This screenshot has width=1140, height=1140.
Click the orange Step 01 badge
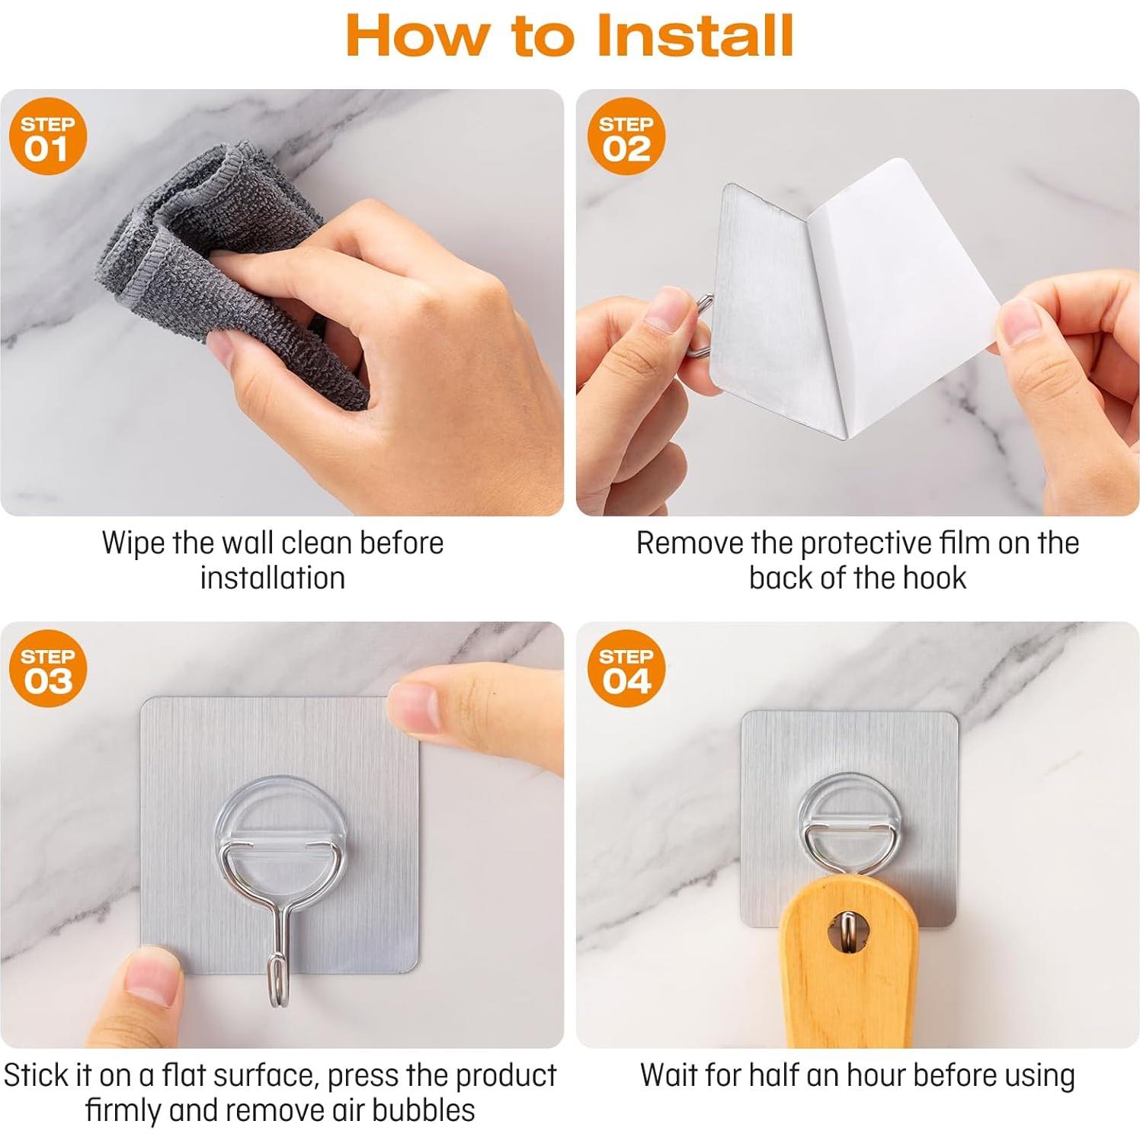pyautogui.click(x=48, y=136)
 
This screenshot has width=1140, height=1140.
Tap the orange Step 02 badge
pyautogui.click(x=626, y=136)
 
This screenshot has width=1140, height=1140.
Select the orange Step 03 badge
pyautogui.click(x=48, y=668)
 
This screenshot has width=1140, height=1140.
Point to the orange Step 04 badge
pyautogui.click(x=626, y=668)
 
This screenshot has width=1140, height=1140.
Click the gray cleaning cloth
pyautogui.click(x=229, y=267)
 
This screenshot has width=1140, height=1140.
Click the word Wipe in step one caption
pyautogui.click(x=133, y=543)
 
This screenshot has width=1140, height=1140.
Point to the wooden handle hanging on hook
pyautogui.click(x=846, y=964)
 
